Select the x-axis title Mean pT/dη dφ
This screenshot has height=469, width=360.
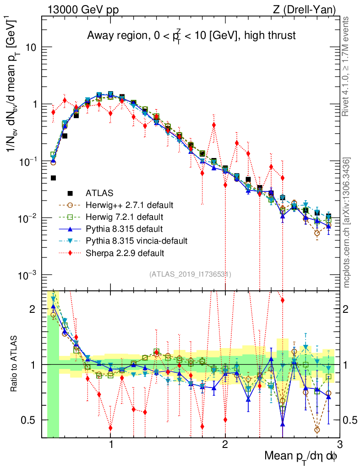coord(301,456)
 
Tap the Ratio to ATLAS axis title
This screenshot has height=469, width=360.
coord(15,364)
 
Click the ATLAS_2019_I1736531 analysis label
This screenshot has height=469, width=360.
coord(190,274)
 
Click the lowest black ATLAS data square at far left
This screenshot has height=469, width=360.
coord(53,178)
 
